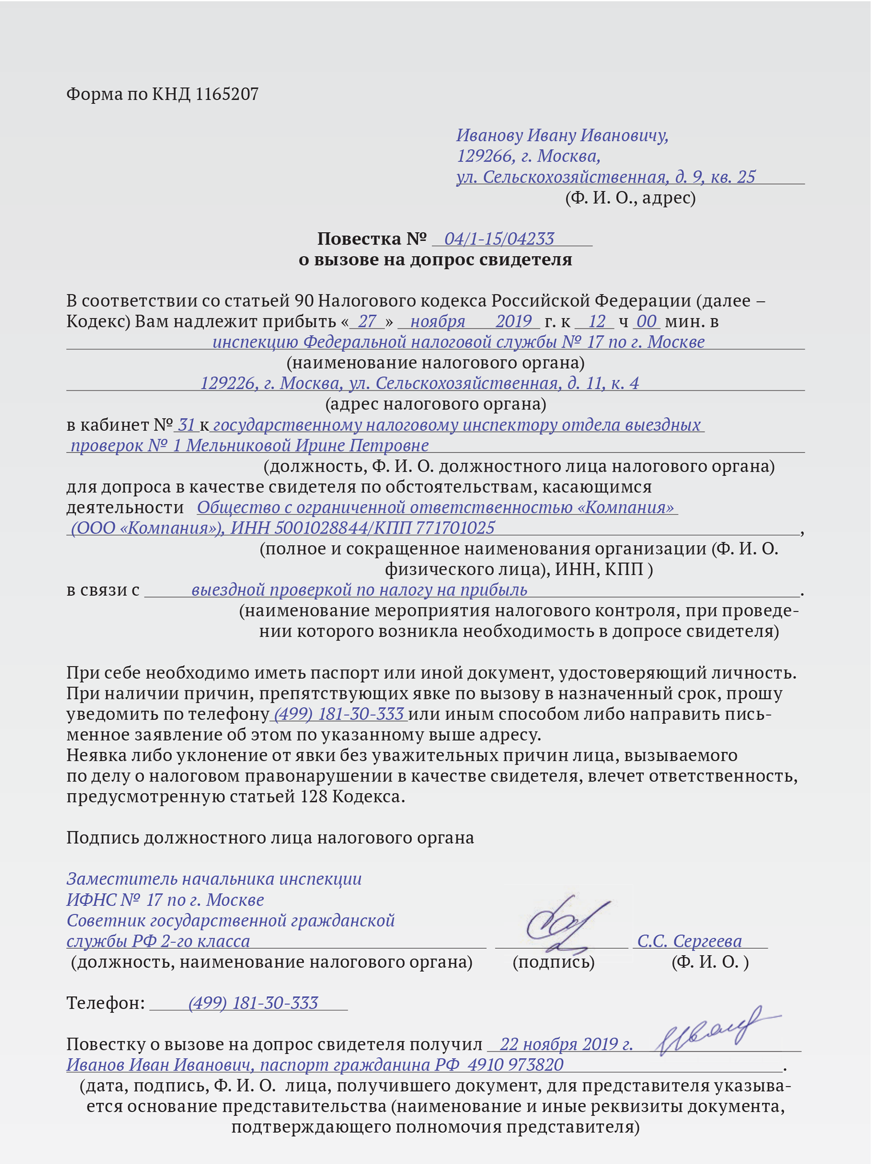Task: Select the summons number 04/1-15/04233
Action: click(499, 239)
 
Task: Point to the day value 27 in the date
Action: click(367, 321)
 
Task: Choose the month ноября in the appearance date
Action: click(437, 321)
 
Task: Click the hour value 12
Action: click(597, 321)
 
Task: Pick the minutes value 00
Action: click(646, 321)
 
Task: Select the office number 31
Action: click(186, 424)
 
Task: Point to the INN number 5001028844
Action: click(321, 528)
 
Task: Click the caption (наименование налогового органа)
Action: click(435, 363)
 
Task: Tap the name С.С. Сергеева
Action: click(689, 941)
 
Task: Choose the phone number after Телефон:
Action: click(253, 1003)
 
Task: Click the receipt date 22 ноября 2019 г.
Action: click(566, 1044)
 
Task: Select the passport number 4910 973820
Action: click(515, 1065)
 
